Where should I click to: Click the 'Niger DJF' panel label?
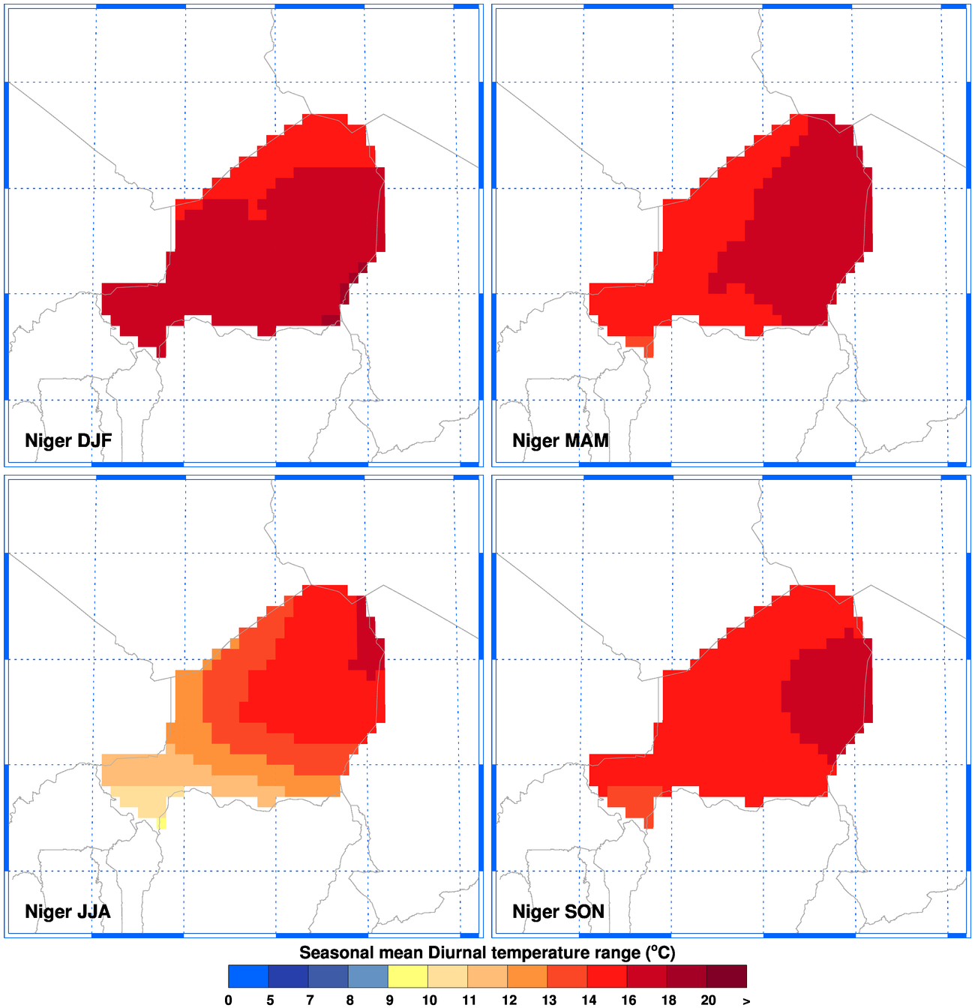tap(68, 440)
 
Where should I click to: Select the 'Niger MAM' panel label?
tap(560, 440)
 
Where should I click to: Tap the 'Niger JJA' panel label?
tap(67, 911)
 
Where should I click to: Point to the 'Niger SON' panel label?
tap(558, 911)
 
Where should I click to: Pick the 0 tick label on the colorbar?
tap(228, 1000)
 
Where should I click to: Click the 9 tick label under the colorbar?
tap(388, 1000)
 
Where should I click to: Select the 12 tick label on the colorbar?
tap(508, 1000)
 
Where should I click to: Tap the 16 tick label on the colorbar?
tap(628, 1000)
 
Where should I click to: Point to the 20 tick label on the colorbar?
tap(708, 1000)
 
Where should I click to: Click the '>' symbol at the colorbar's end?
tap(746, 1000)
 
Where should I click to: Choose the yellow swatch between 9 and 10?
tap(408, 976)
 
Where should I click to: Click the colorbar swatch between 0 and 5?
tap(248, 976)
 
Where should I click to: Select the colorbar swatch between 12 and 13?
tap(528, 976)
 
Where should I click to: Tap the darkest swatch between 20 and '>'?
tap(727, 976)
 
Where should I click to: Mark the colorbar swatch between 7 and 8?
tap(328, 976)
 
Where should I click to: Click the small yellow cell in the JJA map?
tap(162, 823)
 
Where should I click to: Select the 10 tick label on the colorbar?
tap(429, 1000)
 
